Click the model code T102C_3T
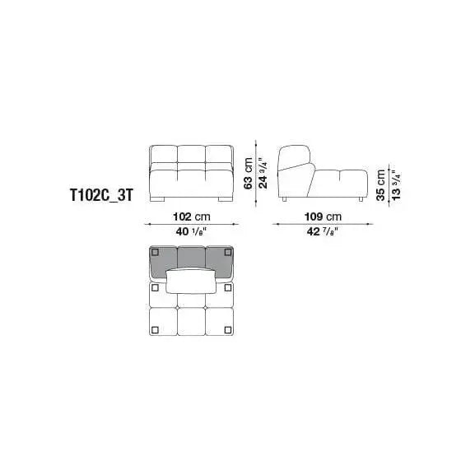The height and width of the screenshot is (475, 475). tap(101, 195)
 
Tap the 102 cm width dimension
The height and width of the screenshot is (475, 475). tap(192, 217)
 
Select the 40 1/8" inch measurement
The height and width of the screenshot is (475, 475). tap(191, 232)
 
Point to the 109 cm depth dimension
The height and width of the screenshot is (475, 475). tap(323, 217)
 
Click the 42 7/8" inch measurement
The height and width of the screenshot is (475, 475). tap(323, 232)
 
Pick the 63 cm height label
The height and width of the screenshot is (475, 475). tap(248, 173)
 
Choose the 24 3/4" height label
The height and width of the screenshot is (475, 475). tap(263, 173)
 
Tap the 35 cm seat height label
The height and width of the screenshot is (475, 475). tap(381, 184)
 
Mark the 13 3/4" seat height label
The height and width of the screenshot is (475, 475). tap(396, 184)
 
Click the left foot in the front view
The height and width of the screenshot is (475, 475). tap(157, 199)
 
